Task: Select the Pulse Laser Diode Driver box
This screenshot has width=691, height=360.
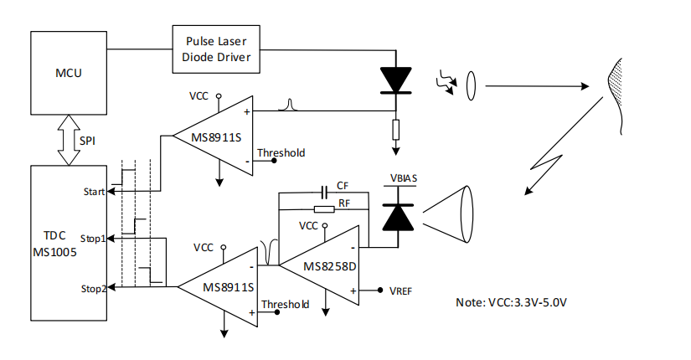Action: point(216,49)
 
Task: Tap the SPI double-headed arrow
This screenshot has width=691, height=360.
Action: point(69,140)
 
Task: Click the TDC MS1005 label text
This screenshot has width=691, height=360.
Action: point(54,244)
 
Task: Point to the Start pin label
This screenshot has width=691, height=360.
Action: point(94,192)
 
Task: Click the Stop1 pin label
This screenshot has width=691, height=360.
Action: point(93,239)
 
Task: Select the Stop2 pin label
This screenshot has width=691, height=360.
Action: point(94,289)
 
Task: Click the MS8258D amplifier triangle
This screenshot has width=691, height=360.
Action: point(319,265)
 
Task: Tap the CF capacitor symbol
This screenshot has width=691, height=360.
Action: point(325,192)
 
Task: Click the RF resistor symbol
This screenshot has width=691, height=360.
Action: point(324,209)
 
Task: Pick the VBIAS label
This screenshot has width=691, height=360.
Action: point(404,178)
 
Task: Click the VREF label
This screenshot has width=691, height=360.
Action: point(400,291)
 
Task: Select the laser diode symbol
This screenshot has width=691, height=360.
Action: point(395,80)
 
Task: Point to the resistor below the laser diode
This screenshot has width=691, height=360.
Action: point(395,130)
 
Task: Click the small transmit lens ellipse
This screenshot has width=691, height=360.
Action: point(471,85)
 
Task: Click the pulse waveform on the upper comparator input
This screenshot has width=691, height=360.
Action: point(289,105)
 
